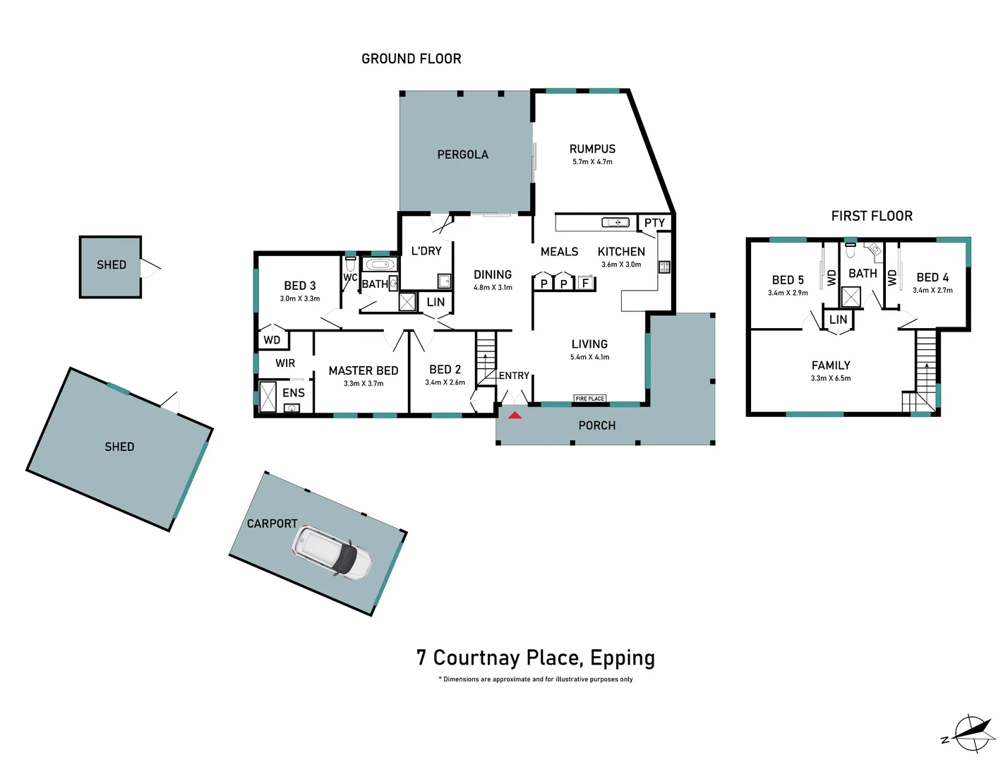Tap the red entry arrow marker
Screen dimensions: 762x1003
point(515,415)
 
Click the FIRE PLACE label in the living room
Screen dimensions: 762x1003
point(589,399)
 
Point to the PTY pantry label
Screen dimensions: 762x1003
point(654,223)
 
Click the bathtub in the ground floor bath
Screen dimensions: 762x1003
point(380,265)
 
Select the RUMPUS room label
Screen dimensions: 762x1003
point(592,149)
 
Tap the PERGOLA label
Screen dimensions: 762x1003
point(462,155)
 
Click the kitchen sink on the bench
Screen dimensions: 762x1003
point(615,222)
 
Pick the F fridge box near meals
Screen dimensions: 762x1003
point(585,284)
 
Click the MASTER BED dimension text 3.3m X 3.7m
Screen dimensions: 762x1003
point(364,384)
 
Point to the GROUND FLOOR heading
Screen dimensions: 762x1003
point(411,59)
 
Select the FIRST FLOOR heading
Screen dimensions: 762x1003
point(872,216)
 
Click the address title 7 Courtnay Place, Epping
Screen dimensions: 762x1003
point(535,658)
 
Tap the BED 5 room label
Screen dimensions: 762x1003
point(788,280)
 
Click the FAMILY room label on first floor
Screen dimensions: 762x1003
point(831,365)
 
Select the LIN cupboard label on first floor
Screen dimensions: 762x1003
point(838,320)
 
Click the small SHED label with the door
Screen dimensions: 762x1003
point(112,265)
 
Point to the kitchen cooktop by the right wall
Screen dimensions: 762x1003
point(663,267)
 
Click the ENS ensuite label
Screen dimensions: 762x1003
point(294,393)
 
